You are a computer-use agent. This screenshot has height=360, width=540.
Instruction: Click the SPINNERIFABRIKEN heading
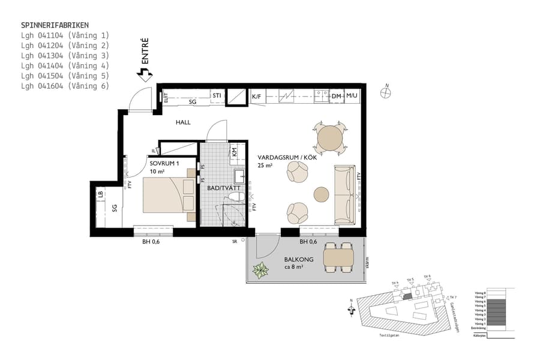(55, 25)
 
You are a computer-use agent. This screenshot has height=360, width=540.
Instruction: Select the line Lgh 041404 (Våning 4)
(65, 65)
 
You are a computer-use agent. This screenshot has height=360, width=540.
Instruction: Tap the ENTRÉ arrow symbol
(143, 74)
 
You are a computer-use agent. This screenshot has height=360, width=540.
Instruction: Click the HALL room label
(183, 122)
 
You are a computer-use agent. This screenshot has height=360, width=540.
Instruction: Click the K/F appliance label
(257, 96)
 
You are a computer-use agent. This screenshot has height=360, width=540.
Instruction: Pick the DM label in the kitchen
(336, 96)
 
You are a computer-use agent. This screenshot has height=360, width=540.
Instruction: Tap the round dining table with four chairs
(329, 137)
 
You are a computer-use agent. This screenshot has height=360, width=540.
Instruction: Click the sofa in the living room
(344, 194)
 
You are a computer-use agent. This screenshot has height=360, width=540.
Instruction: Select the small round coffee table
(322, 194)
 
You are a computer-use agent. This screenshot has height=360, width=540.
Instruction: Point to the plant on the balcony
(261, 271)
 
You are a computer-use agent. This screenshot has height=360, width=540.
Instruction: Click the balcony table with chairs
(338, 257)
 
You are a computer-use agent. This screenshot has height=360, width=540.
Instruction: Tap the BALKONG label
(298, 260)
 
